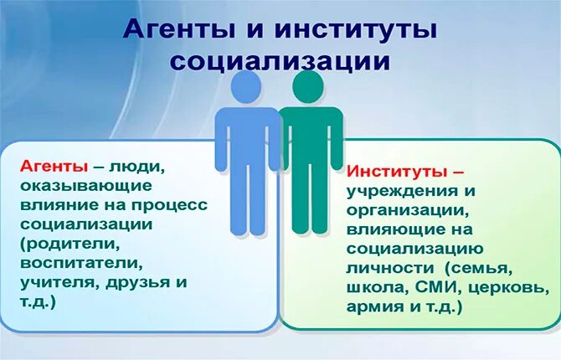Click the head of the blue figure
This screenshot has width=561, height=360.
(x=247, y=86)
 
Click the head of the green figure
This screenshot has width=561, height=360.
(x=308, y=86)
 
